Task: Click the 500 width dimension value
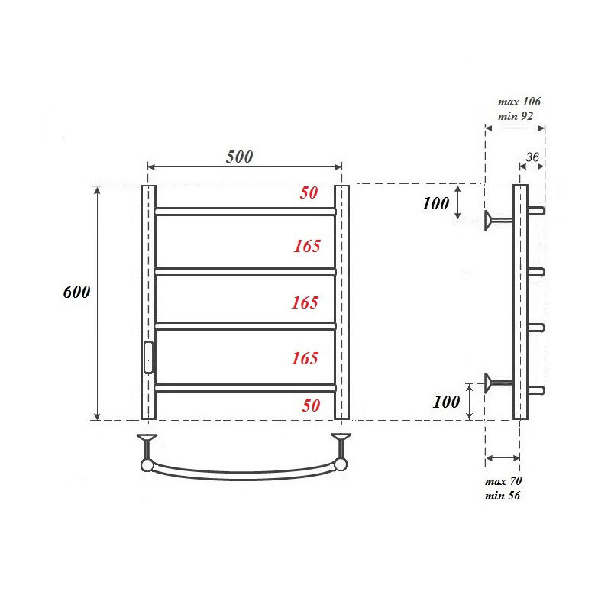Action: click(x=239, y=157)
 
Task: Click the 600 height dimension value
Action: click(x=76, y=293)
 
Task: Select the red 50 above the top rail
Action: click(x=309, y=192)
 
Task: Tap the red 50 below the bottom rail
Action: click(x=310, y=406)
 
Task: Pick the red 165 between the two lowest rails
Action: click(x=305, y=358)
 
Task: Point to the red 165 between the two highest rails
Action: click(x=306, y=246)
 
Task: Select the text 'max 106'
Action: click(x=519, y=102)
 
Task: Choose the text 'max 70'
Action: click(x=503, y=482)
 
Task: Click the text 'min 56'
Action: click(x=503, y=496)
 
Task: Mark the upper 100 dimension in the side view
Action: click(x=435, y=203)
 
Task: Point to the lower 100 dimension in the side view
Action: click(x=446, y=402)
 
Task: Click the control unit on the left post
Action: click(x=148, y=357)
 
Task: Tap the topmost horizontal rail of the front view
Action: click(x=244, y=212)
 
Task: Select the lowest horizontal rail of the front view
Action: click(x=244, y=388)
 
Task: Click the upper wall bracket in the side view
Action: click(x=497, y=220)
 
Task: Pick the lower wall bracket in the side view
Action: click(x=497, y=382)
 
